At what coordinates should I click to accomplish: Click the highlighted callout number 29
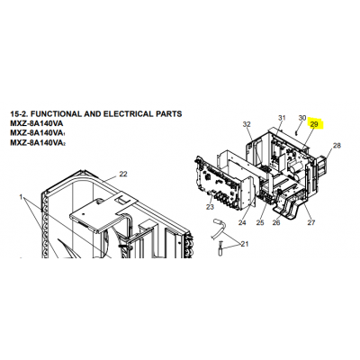pos(314,124)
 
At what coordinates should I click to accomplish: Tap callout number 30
pos(302,118)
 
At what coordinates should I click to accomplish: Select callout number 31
pos(282,118)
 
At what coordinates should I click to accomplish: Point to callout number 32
pos(247,124)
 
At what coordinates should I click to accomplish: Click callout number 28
pos(337,146)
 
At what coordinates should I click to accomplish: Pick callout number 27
pos(311,222)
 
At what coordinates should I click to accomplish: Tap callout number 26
pos(276,222)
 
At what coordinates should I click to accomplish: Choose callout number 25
pos(260,222)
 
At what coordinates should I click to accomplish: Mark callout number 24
pos(242,222)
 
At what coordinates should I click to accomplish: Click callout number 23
pos(210,207)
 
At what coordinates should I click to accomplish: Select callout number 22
pos(123,174)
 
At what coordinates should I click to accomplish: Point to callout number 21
pos(245,244)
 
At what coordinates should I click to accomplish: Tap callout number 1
pos(21,197)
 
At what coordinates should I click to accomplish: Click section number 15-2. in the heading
pos(20,114)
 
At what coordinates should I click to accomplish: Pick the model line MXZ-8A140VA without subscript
pos(37,123)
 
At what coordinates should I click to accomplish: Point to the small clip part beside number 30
pos(296,131)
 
